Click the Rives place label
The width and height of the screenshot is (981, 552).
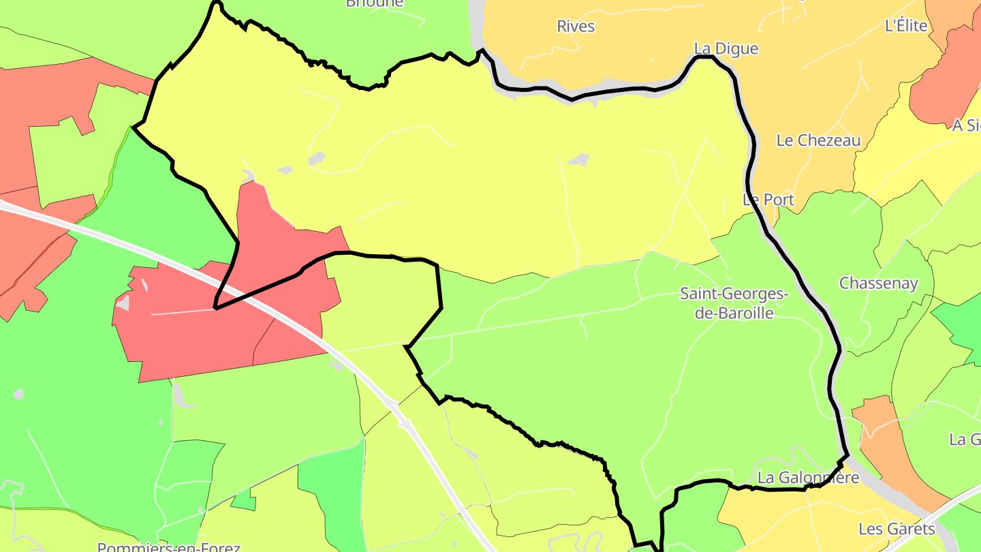pyautogui.click(x=576, y=27)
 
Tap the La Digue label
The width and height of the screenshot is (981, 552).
pyautogui.click(x=726, y=48)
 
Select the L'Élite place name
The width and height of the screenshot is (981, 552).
pyautogui.click(x=906, y=26)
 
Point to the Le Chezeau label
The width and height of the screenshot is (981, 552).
pyautogui.click(x=818, y=140)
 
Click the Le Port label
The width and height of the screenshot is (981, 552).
pyautogui.click(x=768, y=200)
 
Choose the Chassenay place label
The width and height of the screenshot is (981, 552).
pyautogui.click(x=878, y=283)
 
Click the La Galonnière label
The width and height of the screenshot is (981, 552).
pyautogui.click(x=808, y=478)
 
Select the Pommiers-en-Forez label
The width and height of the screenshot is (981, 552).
pyautogui.click(x=168, y=547)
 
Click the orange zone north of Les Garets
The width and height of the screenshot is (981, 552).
pyautogui.click(x=886, y=443)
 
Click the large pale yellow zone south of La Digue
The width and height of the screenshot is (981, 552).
pyautogui.click(x=477, y=170)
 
